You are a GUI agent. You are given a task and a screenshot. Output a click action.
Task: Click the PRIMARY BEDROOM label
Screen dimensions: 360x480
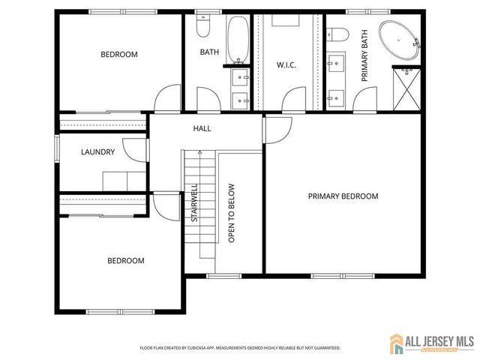point(343,196)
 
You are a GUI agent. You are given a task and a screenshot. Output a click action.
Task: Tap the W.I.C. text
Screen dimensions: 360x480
point(286,65)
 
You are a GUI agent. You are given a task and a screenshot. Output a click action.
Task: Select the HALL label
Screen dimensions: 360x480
point(202,128)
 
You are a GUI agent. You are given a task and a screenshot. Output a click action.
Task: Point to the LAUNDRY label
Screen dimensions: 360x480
point(98,152)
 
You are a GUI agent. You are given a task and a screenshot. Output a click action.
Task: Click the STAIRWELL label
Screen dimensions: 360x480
point(193,203)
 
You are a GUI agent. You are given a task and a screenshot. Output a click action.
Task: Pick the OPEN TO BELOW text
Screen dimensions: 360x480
point(232,213)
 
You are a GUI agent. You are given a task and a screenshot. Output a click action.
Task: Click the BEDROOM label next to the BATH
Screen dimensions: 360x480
point(119,54)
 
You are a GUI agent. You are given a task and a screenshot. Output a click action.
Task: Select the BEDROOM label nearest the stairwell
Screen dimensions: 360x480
point(125,260)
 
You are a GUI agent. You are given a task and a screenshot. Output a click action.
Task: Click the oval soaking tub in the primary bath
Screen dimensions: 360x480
point(400,39)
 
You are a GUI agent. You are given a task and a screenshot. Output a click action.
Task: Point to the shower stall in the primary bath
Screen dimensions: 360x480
point(408,88)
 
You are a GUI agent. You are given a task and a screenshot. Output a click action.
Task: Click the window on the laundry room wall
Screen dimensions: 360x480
point(56,147)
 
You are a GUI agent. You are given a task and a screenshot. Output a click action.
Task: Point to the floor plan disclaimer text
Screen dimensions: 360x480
point(240,348)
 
